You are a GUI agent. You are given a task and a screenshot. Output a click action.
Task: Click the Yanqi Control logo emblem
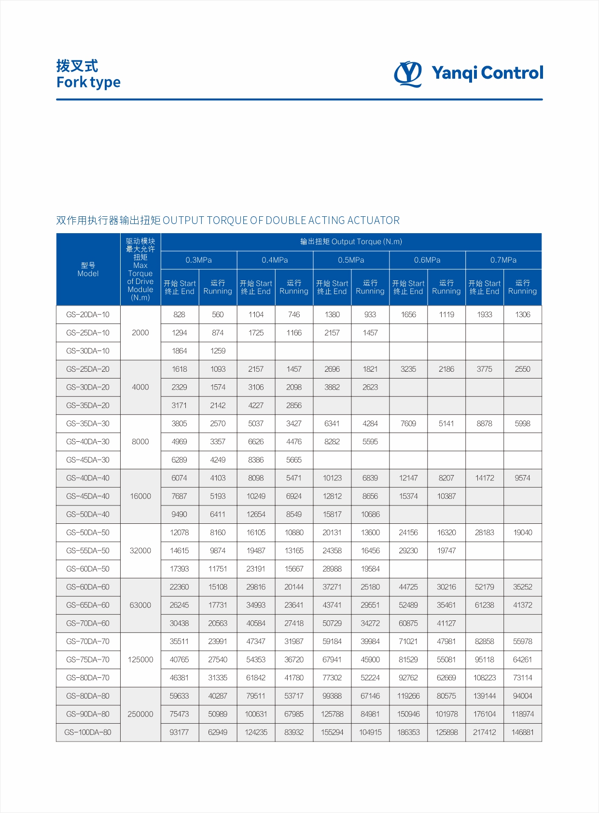(408, 73)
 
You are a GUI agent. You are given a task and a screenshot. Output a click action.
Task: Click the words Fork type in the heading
(88, 82)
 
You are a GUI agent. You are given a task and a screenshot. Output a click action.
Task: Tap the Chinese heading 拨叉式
(77, 66)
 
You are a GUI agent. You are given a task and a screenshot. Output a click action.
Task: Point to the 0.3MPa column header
(198, 260)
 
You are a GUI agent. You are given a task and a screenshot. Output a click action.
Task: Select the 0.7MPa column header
(503, 260)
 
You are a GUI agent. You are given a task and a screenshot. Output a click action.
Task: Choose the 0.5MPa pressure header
(351, 260)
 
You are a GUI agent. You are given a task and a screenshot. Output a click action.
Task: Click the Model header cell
(88, 269)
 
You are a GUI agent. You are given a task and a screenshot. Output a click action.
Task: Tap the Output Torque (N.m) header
(351, 241)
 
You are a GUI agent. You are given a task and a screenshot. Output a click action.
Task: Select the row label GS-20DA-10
(88, 314)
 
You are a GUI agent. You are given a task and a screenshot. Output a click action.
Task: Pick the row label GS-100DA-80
(88, 732)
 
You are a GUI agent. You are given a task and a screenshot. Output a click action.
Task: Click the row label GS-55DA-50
(88, 550)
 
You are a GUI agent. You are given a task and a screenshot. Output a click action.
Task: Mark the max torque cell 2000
(140, 333)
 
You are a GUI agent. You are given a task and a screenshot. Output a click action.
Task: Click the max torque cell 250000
(140, 714)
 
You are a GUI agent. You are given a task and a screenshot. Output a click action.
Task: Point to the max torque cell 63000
(140, 605)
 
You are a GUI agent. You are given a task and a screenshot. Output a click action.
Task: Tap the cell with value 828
(179, 314)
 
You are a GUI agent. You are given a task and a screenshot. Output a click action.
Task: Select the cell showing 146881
(522, 732)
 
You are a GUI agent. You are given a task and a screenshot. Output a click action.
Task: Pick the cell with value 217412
(484, 732)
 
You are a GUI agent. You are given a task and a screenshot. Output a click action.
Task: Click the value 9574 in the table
(522, 478)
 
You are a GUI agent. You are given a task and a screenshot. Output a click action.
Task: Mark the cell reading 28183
(484, 533)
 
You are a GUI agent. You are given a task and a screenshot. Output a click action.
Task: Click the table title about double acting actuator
(228, 221)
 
